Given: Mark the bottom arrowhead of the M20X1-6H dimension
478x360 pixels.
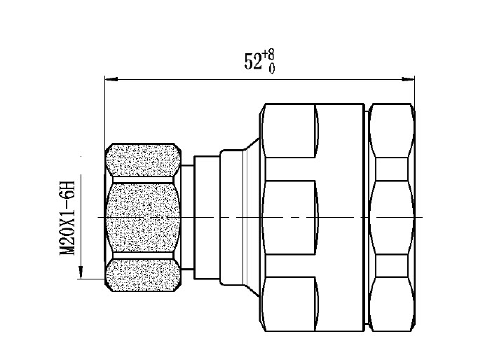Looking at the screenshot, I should click(x=82, y=274).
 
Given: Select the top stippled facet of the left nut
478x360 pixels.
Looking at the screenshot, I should click(x=143, y=162).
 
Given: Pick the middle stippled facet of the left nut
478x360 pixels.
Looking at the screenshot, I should click(x=143, y=218).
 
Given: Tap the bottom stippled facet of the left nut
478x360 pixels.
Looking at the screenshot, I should click(x=143, y=275).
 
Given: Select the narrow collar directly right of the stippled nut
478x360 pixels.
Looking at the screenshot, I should click(x=188, y=217).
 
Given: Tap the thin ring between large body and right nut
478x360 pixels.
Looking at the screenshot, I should click(x=366, y=217).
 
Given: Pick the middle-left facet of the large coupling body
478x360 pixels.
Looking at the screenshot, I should click(x=289, y=217).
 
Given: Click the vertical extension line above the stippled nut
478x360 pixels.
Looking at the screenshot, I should click(x=104, y=112).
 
